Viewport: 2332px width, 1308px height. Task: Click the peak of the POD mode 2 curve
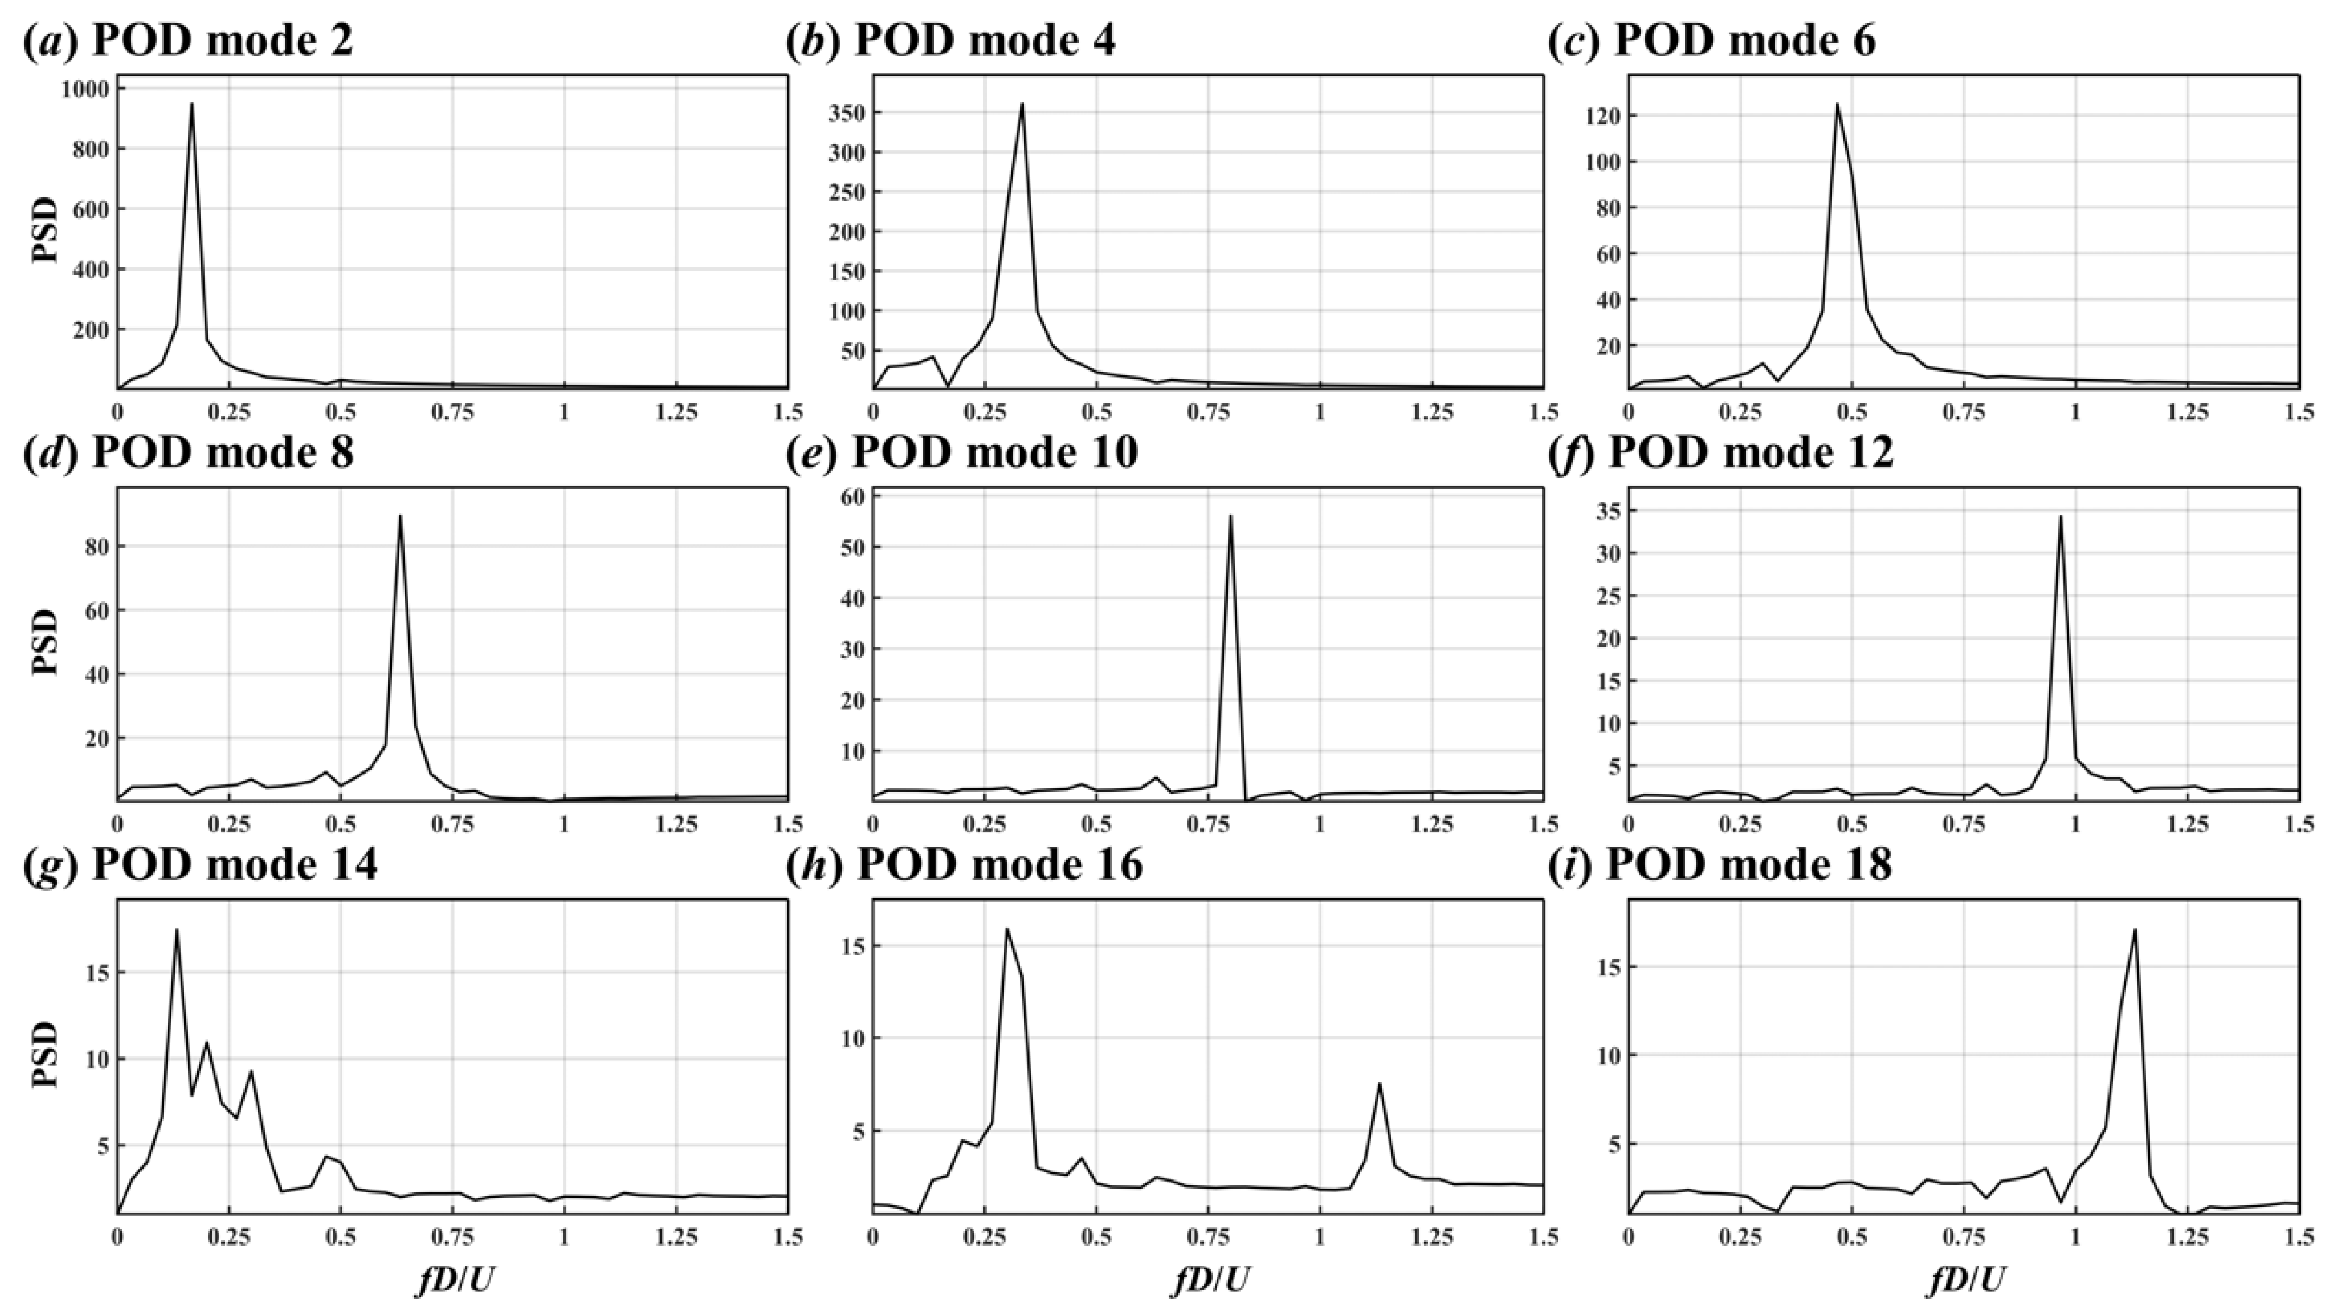(x=191, y=103)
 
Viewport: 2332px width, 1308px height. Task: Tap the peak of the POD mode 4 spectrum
(x=1022, y=103)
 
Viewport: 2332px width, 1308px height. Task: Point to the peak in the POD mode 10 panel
(x=1230, y=516)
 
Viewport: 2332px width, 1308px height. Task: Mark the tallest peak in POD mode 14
(x=176, y=930)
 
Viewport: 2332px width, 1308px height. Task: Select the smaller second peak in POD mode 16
(x=1379, y=1083)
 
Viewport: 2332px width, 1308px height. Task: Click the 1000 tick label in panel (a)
(x=84, y=89)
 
